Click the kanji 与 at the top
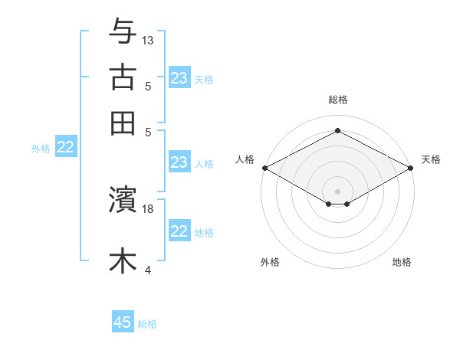pos(123,31)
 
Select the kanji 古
pos(123,77)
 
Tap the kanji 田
pos(123,123)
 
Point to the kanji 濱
pos(123,201)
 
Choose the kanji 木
pos(123,260)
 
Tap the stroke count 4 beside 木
pos(148,270)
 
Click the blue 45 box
pos(123,322)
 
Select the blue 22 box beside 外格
pos(65,148)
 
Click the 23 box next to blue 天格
pos(179,78)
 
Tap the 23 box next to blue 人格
pos(179,162)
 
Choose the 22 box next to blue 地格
pos(179,232)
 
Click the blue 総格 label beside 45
pos(147,324)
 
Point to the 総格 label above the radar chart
pos(338,100)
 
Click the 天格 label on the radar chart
pos(431,159)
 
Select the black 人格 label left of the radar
pos(245,159)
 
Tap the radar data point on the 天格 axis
pos(411,168)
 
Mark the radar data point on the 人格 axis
pos(264,168)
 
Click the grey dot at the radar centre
pos(338,191)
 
